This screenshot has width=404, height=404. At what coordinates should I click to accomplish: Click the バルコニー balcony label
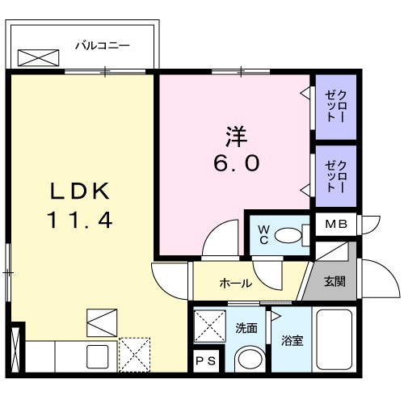pos(103,46)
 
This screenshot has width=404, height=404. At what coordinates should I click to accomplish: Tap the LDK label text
pos(80,191)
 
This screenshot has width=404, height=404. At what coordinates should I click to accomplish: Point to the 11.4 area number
pos(80,220)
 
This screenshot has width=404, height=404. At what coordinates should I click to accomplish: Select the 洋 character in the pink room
pos(237,137)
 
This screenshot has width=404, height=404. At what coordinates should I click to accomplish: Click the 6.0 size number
pos(237,163)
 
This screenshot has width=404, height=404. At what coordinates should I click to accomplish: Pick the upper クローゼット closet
pos(336,107)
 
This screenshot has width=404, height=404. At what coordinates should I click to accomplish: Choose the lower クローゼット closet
pos(336,176)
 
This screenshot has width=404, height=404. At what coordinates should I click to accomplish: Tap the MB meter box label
pos(336,224)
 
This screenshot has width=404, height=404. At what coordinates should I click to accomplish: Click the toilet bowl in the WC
pos(288,236)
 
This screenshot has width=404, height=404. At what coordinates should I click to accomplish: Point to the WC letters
pos(263,235)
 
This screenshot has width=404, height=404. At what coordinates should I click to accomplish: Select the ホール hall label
pos(235,283)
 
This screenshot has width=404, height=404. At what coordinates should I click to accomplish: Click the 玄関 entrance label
pos(335,282)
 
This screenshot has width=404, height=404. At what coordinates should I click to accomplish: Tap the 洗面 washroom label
pos(246,328)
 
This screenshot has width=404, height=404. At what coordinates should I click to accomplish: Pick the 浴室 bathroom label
pos(292,341)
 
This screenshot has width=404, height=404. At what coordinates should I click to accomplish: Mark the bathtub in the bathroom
pos(335,339)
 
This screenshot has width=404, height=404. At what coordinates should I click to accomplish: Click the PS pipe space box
pos(206,361)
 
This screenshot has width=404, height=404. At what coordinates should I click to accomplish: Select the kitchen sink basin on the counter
pos(97,356)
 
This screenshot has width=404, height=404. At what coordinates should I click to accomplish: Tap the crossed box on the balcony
pos(38,57)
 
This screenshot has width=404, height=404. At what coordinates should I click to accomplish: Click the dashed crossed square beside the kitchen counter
pos(134,355)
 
